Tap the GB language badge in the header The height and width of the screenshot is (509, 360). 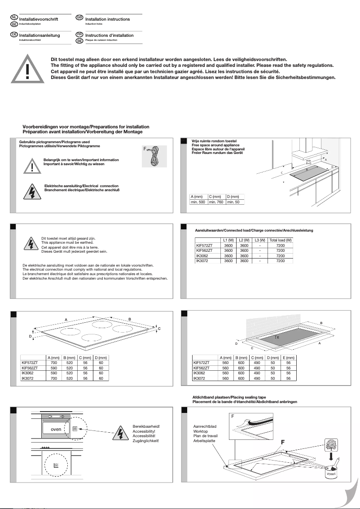click(x=79, y=17)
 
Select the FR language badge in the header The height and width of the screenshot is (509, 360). click(x=79, y=34)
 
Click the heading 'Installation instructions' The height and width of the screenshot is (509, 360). click(x=107, y=19)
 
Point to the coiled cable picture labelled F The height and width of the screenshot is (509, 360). click(x=154, y=157)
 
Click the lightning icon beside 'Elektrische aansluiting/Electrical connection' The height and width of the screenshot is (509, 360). click(x=32, y=192)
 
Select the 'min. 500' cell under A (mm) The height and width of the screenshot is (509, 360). click(x=198, y=202)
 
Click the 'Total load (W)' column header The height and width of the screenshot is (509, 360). click(x=280, y=240)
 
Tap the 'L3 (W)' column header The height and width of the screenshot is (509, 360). click(x=260, y=240)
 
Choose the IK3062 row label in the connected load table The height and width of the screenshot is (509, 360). click(x=202, y=256)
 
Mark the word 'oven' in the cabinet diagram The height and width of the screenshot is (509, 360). click(x=56, y=430)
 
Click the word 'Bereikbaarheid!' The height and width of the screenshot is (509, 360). click(x=146, y=426)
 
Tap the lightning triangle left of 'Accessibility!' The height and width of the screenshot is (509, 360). click(x=120, y=433)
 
